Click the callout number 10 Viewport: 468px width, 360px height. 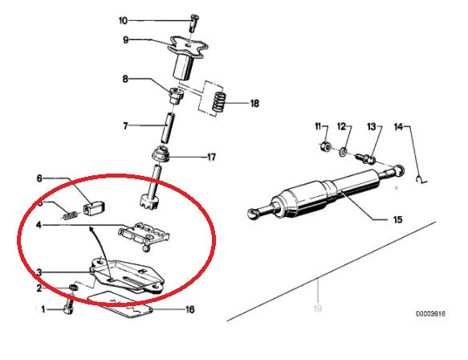coord(123,20)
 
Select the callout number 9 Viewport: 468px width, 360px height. coord(125,39)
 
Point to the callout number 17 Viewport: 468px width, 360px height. coord(211,157)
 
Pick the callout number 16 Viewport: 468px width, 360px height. coord(189,309)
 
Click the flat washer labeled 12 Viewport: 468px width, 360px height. coord(344,151)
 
